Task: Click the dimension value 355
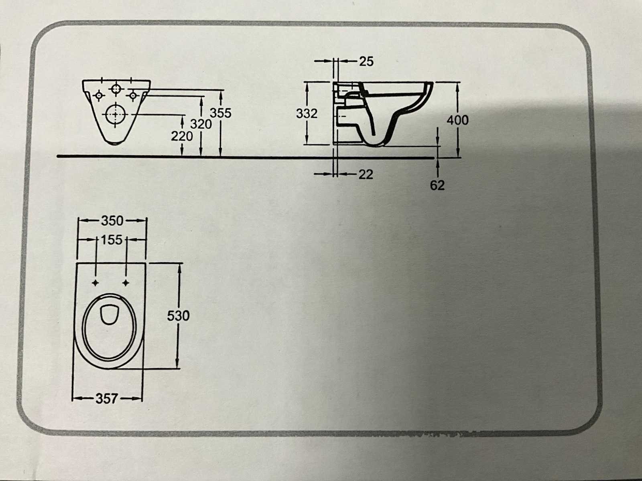coord(221,113)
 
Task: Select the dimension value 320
coord(201,124)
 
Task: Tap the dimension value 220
coord(182,136)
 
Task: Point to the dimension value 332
coord(307,113)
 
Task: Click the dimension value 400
coord(457,120)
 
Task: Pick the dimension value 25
coord(366,61)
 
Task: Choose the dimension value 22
coord(366,174)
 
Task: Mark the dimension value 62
coord(437,186)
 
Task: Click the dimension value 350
coord(112,220)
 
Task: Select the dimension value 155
coord(112,240)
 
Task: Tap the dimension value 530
coord(178,316)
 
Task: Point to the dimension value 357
coord(107,398)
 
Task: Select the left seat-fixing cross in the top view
coord(95,283)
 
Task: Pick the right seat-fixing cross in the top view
coord(126,283)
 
